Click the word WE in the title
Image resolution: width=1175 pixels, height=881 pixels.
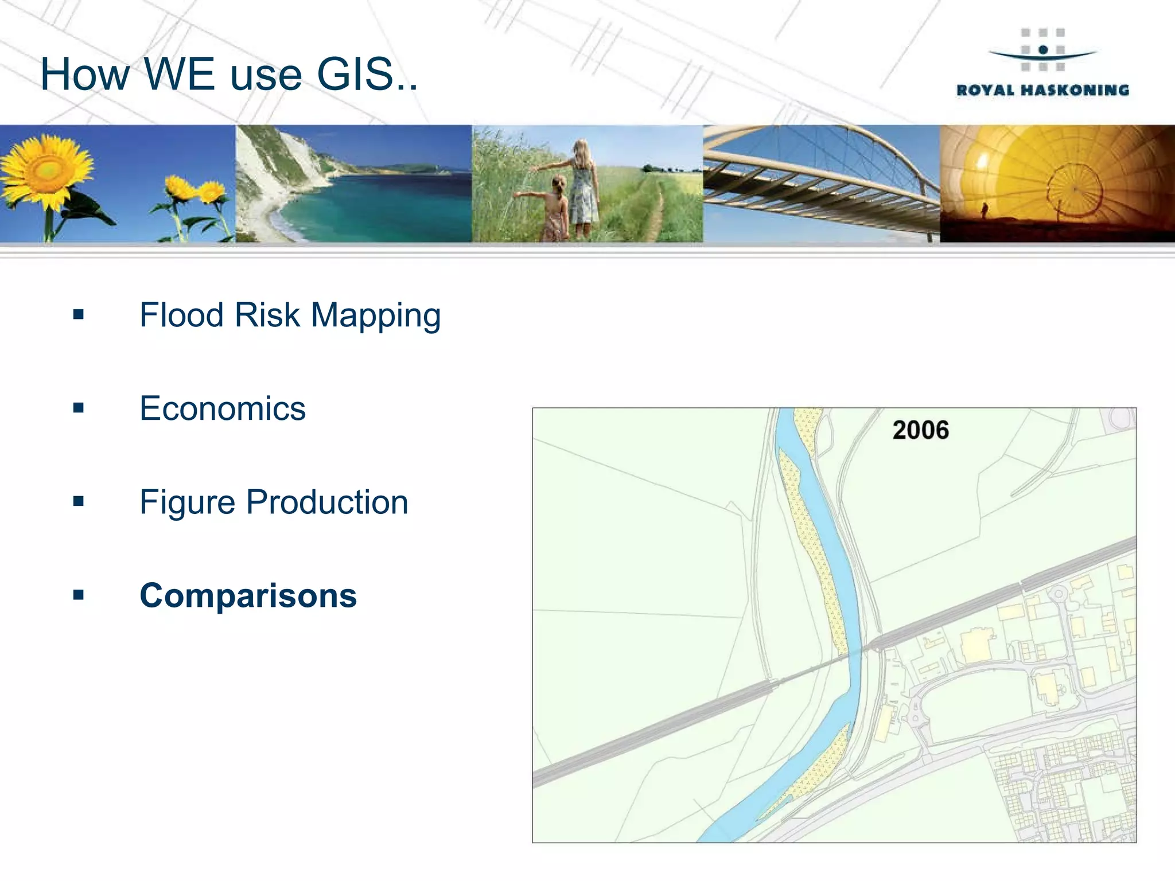click(x=178, y=75)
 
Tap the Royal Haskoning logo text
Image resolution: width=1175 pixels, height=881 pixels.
click(x=1042, y=91)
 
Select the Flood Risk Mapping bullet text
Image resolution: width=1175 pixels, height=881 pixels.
click(x=290, y=315)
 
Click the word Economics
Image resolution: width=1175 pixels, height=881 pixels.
click(x=223, y=409)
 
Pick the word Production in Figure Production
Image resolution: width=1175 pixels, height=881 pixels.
click(x=327, y=502)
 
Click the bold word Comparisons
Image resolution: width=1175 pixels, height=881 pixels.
click(x=248, y=596)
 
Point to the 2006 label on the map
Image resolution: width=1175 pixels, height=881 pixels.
click(x=920, y=430)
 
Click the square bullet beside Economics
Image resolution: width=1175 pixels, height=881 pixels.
click(x=79, y=408)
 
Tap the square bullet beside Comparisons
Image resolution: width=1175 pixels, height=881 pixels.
click(x=79, y=595)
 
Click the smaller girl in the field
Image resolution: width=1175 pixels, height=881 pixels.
click(x=555, y=209)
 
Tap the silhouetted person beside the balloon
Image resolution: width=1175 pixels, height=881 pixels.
click(x=985, y=210)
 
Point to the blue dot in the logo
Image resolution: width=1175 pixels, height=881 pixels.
click(x=1043, y=50)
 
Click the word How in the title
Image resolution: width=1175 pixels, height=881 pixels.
click(x=85, y=75)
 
